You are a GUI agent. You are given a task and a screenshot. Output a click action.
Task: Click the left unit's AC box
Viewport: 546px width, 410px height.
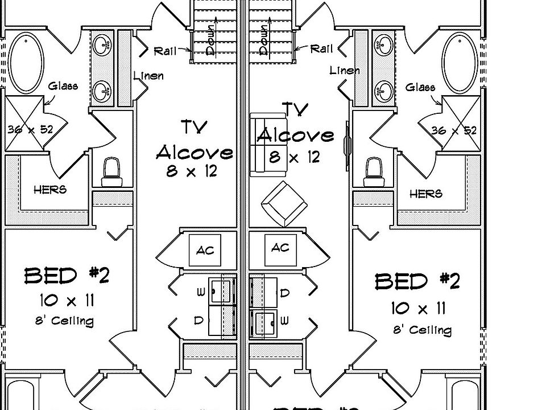(x=204, y=250)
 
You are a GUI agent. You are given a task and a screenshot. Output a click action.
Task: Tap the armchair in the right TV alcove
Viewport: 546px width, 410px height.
(x=284, y=204)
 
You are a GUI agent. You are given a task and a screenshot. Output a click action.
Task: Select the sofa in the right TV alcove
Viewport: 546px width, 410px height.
(x=259, y=145)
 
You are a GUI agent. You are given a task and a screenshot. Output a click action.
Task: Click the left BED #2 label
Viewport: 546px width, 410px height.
(x=67, y=276)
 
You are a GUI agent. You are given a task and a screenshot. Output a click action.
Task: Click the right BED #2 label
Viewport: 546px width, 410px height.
(x=417, y=281)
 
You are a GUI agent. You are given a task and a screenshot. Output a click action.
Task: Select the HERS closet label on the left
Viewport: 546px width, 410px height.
(x=49, y=190)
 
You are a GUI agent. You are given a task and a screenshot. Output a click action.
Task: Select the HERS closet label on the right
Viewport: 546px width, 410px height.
(x=426, y=194)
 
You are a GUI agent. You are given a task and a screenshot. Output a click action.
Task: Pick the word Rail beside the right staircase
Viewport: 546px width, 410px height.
(x=321, y=50)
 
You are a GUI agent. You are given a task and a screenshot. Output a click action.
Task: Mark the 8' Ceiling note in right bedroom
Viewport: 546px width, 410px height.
(x=422, y=330)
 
